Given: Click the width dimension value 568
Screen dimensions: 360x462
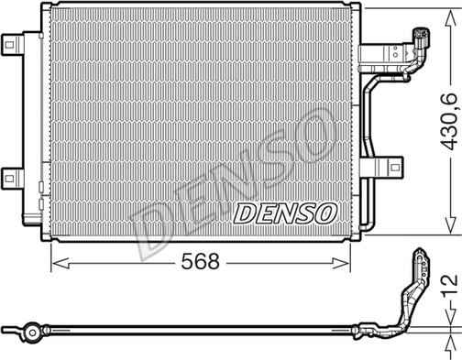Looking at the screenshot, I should [199, 262].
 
